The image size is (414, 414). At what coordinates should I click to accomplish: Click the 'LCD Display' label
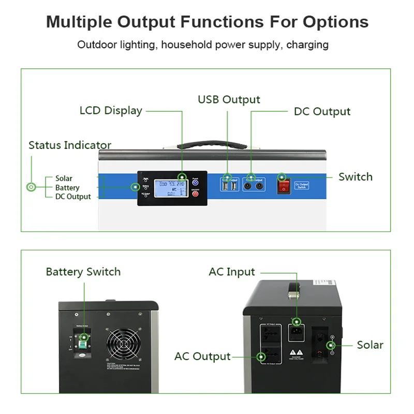[x=111, y=110]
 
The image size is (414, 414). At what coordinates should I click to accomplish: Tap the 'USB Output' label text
[x=229, y=99]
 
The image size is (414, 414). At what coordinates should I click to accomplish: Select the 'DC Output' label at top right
[x=322, y=111]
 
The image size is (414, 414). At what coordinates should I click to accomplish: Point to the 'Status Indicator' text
[x=70, y=145]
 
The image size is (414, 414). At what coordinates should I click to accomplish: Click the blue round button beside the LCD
[x=196, y=182]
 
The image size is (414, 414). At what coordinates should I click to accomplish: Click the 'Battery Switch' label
[x=83, y=272]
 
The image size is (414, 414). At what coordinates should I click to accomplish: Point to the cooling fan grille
[x=123, y=345]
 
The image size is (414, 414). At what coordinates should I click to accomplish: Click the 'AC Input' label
[x=232, y=272]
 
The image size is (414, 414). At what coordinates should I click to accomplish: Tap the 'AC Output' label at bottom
[x=202, y=356]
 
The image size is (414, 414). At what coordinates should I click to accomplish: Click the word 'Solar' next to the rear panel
[x=370, y=345]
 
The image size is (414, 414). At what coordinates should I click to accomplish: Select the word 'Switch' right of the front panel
[x=356, y=176]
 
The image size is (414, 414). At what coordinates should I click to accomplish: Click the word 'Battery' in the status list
[x=67, y=187]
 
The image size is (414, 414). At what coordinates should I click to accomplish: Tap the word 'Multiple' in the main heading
[x=79, y=22]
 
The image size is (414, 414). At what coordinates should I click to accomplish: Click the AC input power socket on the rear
[x=296, y=332]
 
